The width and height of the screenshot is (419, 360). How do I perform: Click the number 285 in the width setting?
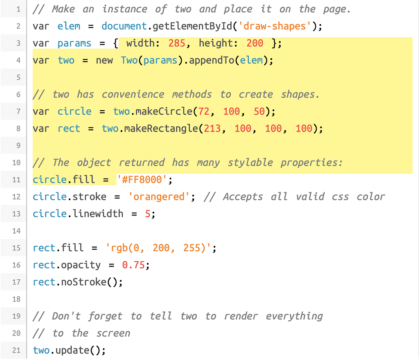tap(177, 43)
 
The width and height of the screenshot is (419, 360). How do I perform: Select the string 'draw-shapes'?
tap(275, 26)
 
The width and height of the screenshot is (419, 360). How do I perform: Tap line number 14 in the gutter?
tap(16, 231)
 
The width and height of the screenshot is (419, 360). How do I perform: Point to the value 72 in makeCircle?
tap(204, 111)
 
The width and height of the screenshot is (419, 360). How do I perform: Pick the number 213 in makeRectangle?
tap(212, 128)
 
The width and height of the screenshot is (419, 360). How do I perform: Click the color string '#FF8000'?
tap(142, 179)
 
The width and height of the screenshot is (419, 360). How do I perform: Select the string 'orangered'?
tap(159, 197)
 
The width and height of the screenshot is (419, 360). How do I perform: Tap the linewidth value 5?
tap(147, 214)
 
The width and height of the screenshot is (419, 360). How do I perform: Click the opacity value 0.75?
tap(133, 265)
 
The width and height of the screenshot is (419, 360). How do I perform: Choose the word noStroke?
tap(83, 282)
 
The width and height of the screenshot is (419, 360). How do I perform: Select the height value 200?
tap(255, 43)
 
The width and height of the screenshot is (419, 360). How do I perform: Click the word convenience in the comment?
tap(133, 95)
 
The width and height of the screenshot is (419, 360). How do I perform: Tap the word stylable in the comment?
tap(250, 163)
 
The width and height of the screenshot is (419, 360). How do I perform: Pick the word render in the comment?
tap(241, 316)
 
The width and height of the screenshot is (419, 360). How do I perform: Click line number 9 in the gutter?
tap(18, 145)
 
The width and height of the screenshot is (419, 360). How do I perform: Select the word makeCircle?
tap(164, 111)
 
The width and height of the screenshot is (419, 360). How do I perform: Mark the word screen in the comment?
tap(113, 333)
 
